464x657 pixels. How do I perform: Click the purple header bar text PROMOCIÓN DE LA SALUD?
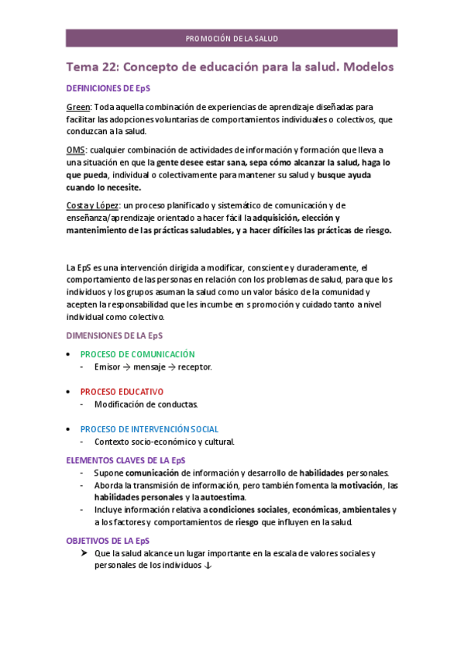(232, 38)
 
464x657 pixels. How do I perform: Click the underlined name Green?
(78, 106)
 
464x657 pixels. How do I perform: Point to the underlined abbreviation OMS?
(75, 150)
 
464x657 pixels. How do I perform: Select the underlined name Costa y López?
(92, 205)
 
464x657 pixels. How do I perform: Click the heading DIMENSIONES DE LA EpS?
(114, 335)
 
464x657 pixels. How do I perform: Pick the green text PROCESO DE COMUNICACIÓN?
(137, 354)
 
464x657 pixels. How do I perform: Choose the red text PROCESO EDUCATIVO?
(122, 391)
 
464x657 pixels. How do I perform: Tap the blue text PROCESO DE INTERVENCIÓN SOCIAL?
(149, 428)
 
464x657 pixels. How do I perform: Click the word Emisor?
(107, 366)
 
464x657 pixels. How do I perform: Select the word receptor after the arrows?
(194, 366)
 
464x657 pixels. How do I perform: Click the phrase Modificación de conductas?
(146, 404)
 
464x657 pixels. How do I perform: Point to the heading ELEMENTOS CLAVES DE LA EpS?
(125, 459)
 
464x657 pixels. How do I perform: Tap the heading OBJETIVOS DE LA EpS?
(108, 540)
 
